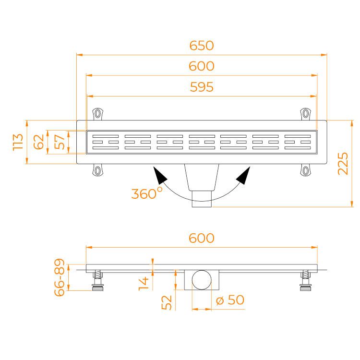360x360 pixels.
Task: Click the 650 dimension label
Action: click(202, 46)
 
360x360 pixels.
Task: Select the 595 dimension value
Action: click(202, 87)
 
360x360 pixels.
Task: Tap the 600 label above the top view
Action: click(202, 66)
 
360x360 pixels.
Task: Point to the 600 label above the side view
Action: click(202, 238)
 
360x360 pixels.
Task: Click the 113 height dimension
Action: click(18, 142)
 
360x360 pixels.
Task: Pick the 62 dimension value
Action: click(38, 142)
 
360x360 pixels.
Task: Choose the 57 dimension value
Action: click(60, 142)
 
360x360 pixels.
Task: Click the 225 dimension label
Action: click(343, 164)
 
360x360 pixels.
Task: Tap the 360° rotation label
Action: click(147, 193)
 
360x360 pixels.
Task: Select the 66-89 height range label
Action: click(59, 277)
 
